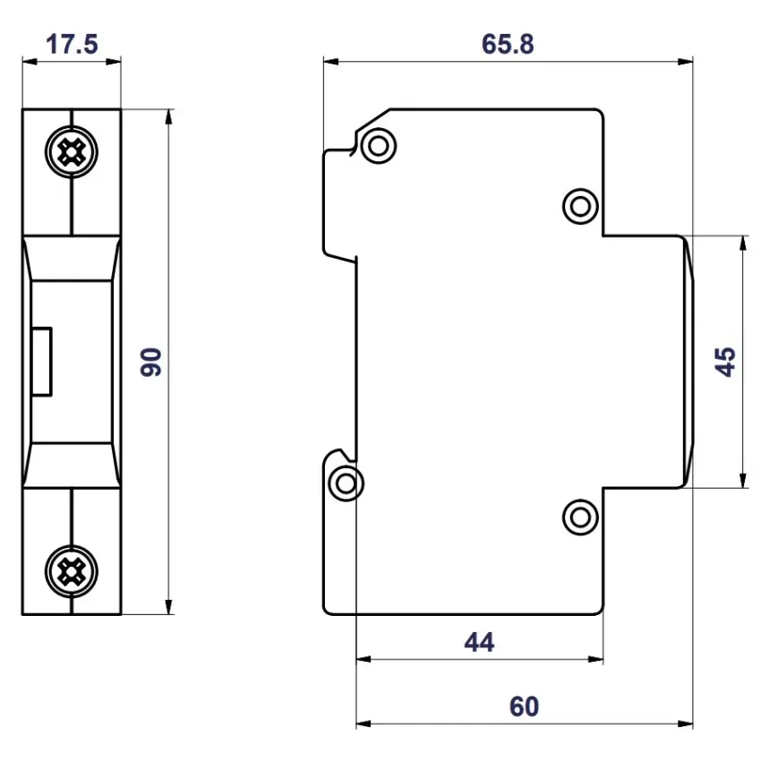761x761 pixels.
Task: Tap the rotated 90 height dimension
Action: (152, 362)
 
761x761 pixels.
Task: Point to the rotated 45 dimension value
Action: (726, 362)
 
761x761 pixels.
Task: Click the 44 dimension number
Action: (479, 641)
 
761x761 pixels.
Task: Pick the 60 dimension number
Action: (525, 706)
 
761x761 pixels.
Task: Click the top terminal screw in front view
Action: (70, 153)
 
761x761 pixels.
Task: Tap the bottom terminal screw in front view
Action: (70, 569)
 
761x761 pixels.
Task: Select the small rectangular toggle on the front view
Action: (41, 362)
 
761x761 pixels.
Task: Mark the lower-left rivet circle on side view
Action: (346, 483)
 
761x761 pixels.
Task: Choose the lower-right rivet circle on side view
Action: (580, 517)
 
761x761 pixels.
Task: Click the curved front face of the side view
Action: (688, 362)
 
